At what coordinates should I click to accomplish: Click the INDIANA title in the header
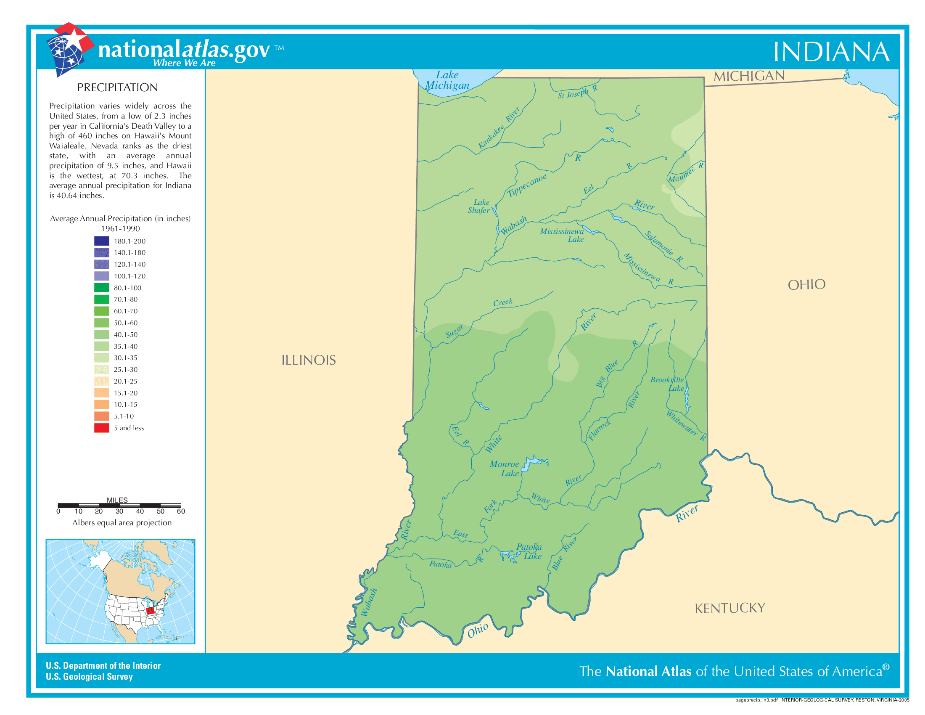[830, 52]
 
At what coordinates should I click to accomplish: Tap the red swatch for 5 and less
[102, 428]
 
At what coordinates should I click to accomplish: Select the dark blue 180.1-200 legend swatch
[102, 241]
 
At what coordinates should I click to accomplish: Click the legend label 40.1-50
[125, 335]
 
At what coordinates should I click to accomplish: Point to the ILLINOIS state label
[308, 360]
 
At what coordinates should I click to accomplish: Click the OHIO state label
[806, 285]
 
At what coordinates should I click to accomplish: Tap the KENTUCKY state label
[730, 609]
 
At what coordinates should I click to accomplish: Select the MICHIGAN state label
[749, 77]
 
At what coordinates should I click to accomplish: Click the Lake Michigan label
[447, 80]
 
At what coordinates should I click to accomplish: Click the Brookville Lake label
[668, 384]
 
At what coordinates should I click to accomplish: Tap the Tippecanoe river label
[527, 185]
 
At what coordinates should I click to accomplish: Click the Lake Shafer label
[479, 206]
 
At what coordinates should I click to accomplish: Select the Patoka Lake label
[529, 551]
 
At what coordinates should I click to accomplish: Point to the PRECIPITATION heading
[117, 87]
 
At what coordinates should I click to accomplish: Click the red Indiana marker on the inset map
[150, 611]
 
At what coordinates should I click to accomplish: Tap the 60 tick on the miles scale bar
[181, 511]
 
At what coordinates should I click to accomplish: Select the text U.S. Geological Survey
[90, 676]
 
